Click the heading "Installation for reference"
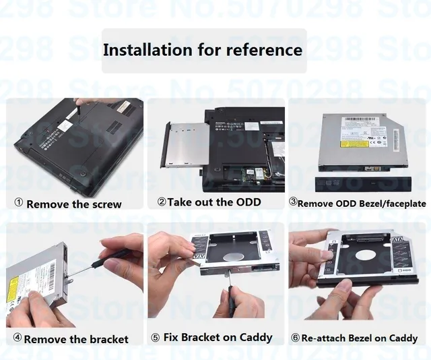pos(203,50)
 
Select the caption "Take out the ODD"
pos(213,202)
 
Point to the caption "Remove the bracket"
pos(76,338)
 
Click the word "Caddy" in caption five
pos(255,337)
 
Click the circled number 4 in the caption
pos(18,338)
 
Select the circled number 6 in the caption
pos(295,338)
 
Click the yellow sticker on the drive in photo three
pos(354,143)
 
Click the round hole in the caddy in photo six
pos(364,256)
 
